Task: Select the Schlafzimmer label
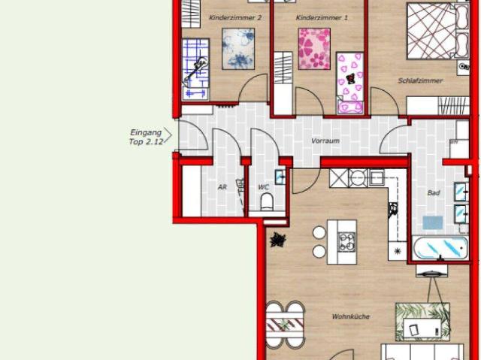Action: (420, 80)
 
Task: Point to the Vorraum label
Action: (325, 141)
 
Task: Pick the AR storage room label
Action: (222, 187)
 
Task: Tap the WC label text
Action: (263, 187)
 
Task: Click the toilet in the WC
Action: (265, 201)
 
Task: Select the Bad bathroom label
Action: (433, 193)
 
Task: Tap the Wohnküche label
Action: (350, 316)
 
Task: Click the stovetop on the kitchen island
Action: (348, 242)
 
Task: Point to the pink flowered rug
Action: (314, 48)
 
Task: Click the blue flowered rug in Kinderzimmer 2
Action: (238, 47)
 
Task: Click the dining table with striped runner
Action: (284, 325)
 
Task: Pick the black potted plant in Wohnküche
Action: (279, 241)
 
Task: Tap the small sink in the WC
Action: (280, 178)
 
